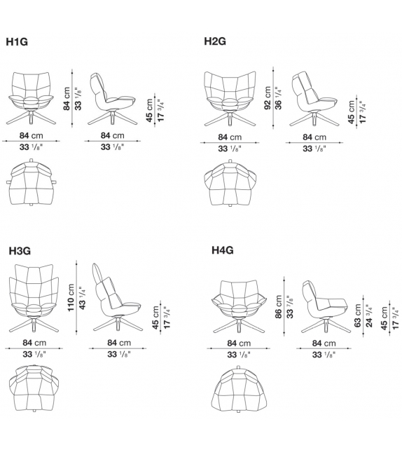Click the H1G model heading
pos(17,42)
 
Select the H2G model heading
pos(215,41)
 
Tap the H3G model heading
pos(20,251)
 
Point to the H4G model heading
pos(223,250)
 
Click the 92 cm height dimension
pos(268,98)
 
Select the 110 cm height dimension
pos(71,298)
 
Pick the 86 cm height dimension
pos(279,307)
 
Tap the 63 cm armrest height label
pos(357,315)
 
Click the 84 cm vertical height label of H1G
pos(67,99)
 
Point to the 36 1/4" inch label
pos(279,98)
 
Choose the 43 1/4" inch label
pos(82,298)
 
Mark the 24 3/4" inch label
pos(369,315)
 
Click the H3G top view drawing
pos(34,388)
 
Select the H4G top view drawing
pos(239,390)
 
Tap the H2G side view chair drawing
pos(314,98)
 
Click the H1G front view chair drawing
pos(32,98)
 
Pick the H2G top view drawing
pos(230,183)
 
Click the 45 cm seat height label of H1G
pos(149,111)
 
